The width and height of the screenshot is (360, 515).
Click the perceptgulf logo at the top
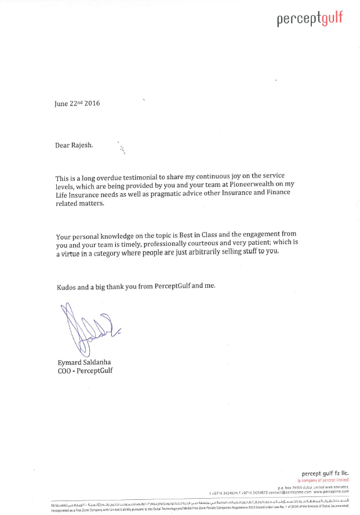coord(310,19)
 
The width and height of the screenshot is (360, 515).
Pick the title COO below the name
coord(63,371)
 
